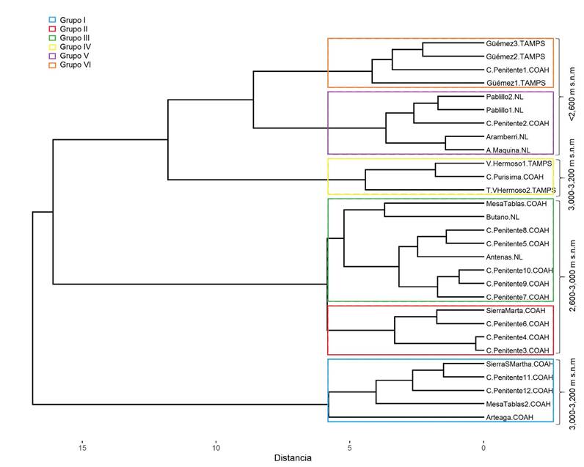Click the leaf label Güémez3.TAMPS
pyautogui.click(x=516, y=43)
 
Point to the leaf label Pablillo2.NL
pyautogui.click(x=508, y=97)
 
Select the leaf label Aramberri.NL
pyautogui.click(x=508, y=137)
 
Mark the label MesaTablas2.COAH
pyautogui.click(x=517, y=404)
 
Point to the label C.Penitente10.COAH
pyautogui.click(x=518, y=271)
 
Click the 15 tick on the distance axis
pyautogui.click(x=82, y=446)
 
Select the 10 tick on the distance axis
pyautogui.click(x=216, y=446)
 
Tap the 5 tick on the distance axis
pyautogui.click(x=350, y=446)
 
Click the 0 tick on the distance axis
pyautogui.click(x=483, y=446)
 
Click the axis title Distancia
pyautogui.click(x=293, y=458)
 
